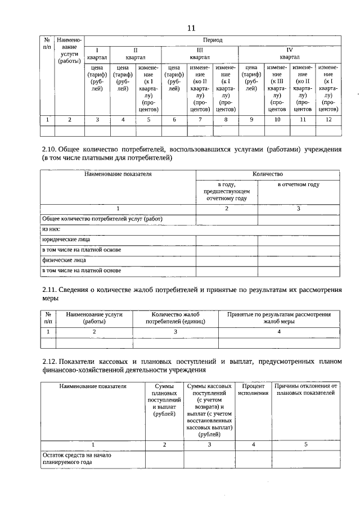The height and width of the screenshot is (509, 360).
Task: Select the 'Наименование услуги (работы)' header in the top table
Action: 70,51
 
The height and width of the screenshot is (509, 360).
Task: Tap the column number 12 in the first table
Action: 328,119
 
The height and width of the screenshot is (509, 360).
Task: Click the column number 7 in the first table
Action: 200,119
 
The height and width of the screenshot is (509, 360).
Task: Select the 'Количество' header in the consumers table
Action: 267,174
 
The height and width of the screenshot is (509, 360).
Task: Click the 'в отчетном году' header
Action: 298,184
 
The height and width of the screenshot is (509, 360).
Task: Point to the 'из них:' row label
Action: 51,229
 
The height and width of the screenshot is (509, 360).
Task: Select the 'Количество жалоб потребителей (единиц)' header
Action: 175,318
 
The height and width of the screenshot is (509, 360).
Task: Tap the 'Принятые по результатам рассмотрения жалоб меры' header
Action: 279,318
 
